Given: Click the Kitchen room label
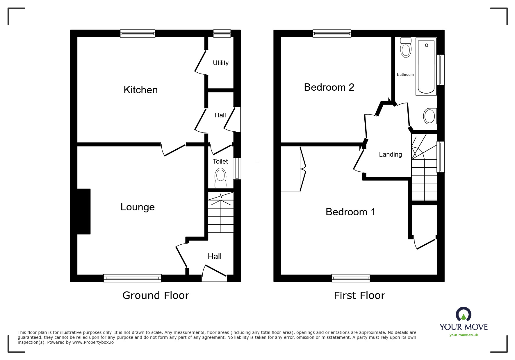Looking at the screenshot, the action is [x=141, y=90].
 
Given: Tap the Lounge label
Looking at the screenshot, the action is [x=138, y=207].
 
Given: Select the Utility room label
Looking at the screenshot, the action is [x=221, y=63].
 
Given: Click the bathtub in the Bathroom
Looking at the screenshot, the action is [x=426, y=67].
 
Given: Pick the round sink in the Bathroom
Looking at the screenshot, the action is [x=430, y=116].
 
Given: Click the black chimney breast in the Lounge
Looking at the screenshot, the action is [x=84, y=212].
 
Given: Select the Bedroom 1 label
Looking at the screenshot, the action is [x=350, y=212].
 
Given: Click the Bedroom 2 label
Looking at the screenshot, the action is [x=329, y=87].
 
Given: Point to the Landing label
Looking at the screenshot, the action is [x=390, y=155].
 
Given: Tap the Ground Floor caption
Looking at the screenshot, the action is [x=156, y=295].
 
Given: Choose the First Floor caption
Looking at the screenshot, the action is [x=359, y=295].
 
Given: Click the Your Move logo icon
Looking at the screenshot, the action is [x=464, y=314].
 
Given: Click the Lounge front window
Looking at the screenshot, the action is [x=132, y=278].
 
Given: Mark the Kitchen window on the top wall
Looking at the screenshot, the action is [x=138, y=34].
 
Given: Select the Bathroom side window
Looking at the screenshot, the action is [x=441, y=70].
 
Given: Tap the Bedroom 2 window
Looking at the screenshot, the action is [x=332, y=34].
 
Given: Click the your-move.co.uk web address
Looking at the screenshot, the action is [x=464, y=335].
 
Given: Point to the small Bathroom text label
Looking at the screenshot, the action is [x=405, y=75].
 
